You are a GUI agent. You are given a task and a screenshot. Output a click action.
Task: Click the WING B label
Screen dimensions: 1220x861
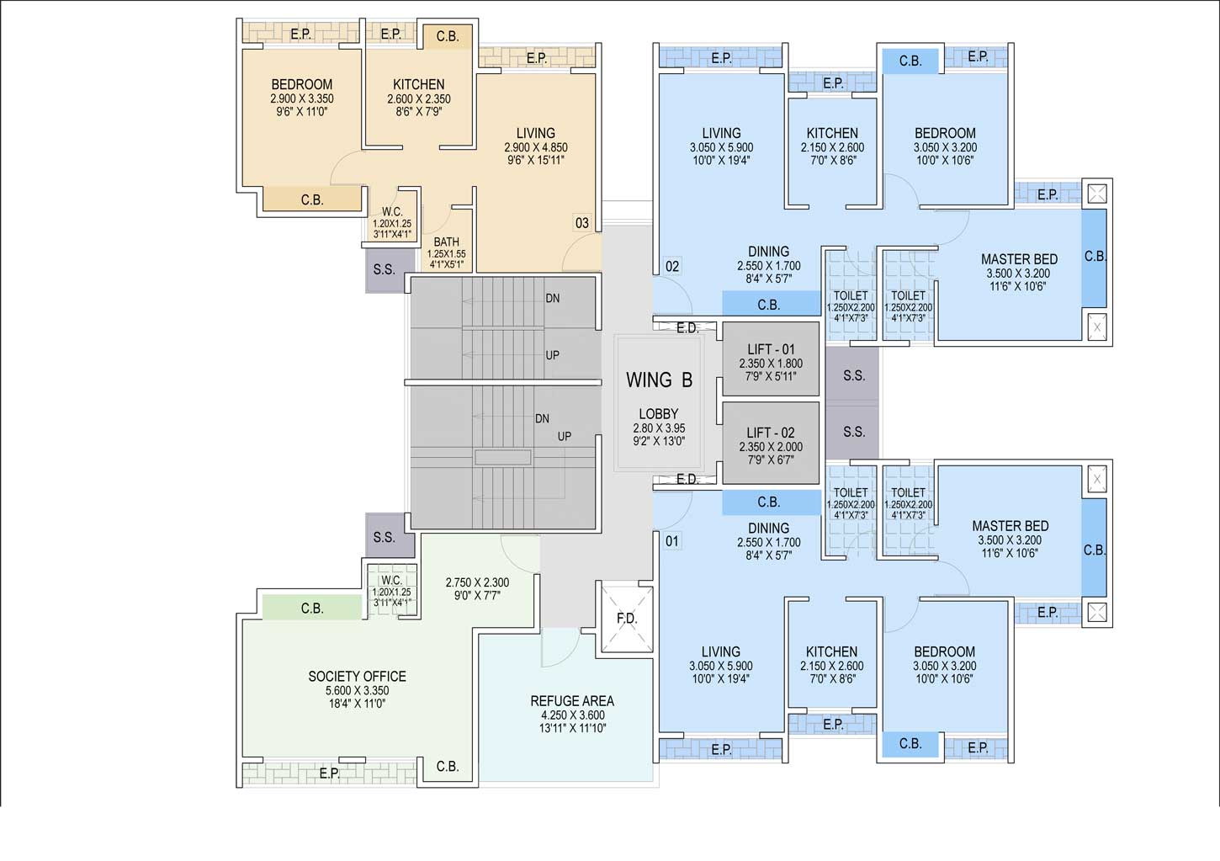[659, 380]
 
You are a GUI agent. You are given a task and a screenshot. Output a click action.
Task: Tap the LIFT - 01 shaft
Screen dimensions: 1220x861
[771, 359]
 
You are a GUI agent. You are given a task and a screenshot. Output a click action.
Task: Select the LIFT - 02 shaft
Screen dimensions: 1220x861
[771, 443]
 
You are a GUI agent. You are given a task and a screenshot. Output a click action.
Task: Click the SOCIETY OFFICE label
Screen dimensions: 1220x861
[358, 677]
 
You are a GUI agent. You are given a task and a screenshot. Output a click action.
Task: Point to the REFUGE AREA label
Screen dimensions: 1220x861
[572, 701]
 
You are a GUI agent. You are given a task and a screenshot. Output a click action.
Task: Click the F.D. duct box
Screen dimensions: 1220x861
[626, 619]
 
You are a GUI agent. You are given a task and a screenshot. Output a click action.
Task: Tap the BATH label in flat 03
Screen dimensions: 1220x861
[446, 242]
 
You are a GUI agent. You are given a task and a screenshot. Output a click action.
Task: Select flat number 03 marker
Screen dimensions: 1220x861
[582, 223]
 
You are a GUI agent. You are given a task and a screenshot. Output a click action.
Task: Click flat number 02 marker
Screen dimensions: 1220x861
[672, 267]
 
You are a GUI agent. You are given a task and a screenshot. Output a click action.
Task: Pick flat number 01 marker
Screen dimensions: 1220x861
[672, 541]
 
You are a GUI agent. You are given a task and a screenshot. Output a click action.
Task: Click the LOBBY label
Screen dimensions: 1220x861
[659, 413]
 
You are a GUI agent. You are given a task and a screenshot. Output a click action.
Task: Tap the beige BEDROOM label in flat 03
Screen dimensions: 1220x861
[302, 84]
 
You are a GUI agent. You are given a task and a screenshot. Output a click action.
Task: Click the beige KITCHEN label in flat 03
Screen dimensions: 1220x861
[419, 84]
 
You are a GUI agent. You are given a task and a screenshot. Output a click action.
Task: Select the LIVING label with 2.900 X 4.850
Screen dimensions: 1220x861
[536, 133]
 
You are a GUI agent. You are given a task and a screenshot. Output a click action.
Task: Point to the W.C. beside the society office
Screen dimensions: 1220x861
[392, 591]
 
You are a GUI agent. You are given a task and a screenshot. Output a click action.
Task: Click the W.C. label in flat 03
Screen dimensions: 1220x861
[392, 211]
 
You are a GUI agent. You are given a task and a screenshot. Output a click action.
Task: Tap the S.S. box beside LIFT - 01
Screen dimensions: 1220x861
[853, 375]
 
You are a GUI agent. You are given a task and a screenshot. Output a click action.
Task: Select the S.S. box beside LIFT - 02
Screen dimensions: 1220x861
[853, 432]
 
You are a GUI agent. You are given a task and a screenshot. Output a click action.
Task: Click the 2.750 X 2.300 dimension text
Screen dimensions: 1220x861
[477, 582]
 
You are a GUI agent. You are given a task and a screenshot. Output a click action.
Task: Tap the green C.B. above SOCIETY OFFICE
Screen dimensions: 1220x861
[312, 608]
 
